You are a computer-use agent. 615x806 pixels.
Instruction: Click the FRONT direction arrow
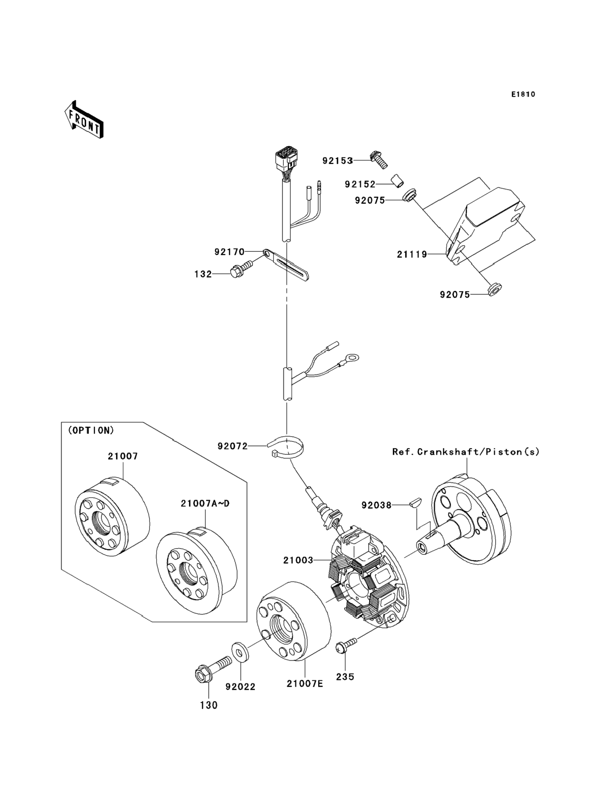click(x=84, y=119)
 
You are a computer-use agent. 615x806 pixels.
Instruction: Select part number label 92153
click(x=337, y=161)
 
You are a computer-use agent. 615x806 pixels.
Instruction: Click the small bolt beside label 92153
click(x=379, y=159)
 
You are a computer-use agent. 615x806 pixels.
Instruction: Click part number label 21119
click(x=412, y=254)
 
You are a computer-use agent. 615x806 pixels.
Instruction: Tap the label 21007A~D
click(x=205, y=503)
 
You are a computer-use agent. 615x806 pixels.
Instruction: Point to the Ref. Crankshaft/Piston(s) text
click(x=466, y=452)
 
